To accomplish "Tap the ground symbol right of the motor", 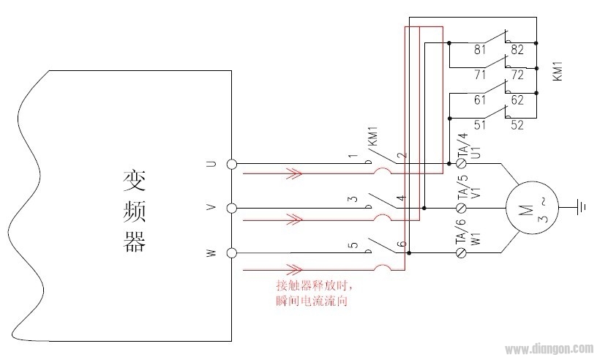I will pyautogui.click(x=581, y=207).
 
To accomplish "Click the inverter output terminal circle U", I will pyautogui.click(x=232, y=164).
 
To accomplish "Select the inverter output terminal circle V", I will pyautogui.click(x=232, y=209).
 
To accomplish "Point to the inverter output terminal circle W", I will pyautogui.click(x=232, y=253).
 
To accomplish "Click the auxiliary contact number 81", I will pyautogui.click(x=480, y=50).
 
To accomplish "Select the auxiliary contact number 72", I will pyautogui.click(x=517, y=75).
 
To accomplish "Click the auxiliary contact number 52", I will pyautogui.click(x=517, y=125).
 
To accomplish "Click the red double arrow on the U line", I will pyautogui.click(x=293, y=174).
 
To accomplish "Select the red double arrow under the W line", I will pyautogui.click(x=293, y=268).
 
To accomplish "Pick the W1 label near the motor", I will pyautogui.click(x=476, y=239).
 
